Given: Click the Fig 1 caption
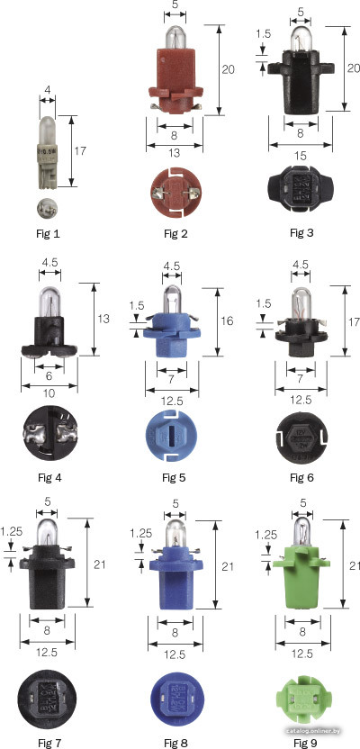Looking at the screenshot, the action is click(x=48, y=234).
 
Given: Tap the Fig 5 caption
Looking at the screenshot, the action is click(x=174, y=477).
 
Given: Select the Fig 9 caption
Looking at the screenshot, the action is click(x=305, y=743).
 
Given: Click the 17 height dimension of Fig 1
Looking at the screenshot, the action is click(x=80, y=151).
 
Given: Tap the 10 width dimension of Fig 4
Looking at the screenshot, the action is click(x=49, y=393).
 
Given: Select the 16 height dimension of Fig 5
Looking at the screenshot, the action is click(x=228, y=321).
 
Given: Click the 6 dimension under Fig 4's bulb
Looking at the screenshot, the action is click(x=49, y=376).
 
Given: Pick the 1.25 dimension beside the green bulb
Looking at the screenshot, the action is click(x=265, y=536).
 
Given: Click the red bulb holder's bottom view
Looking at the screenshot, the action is click(x=175, y=192).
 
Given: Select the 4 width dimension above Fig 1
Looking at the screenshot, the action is click(x=47, y=89).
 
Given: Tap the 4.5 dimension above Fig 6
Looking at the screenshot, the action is click(x=301, y=263).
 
